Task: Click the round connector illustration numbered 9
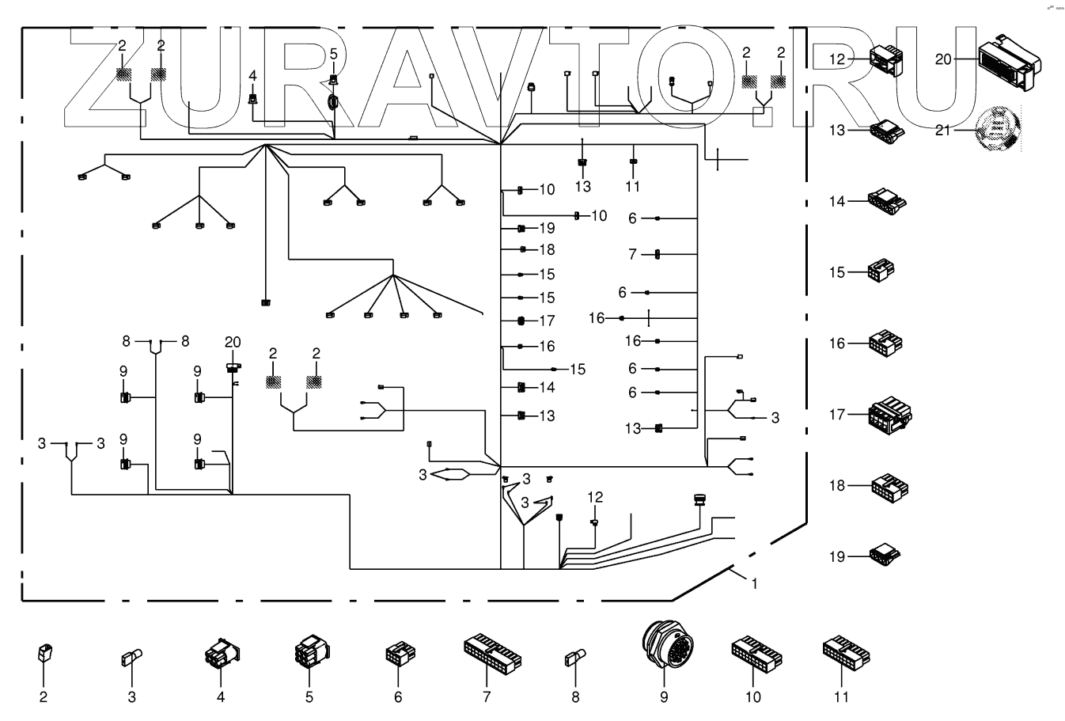(x=663, y=650)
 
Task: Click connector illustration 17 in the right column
(x=889, y=415)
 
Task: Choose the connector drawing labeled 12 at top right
(x=885, y=59)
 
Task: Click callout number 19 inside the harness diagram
(x=547, y=228)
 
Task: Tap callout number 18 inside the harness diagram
(x=547, y=250)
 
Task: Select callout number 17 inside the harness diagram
(x=547, y=321)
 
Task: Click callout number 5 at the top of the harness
(x=333, y=54)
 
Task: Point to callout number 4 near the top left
(x=252, y=76)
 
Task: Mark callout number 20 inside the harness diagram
(x=232, y=342)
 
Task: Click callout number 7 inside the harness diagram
(x=632, y=254)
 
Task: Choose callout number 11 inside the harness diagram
(x=632, y=187)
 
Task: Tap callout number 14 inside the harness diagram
(x=547, y=388)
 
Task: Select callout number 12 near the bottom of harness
(x=595, y=497)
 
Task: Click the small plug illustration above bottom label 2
(x=44, y=654)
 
